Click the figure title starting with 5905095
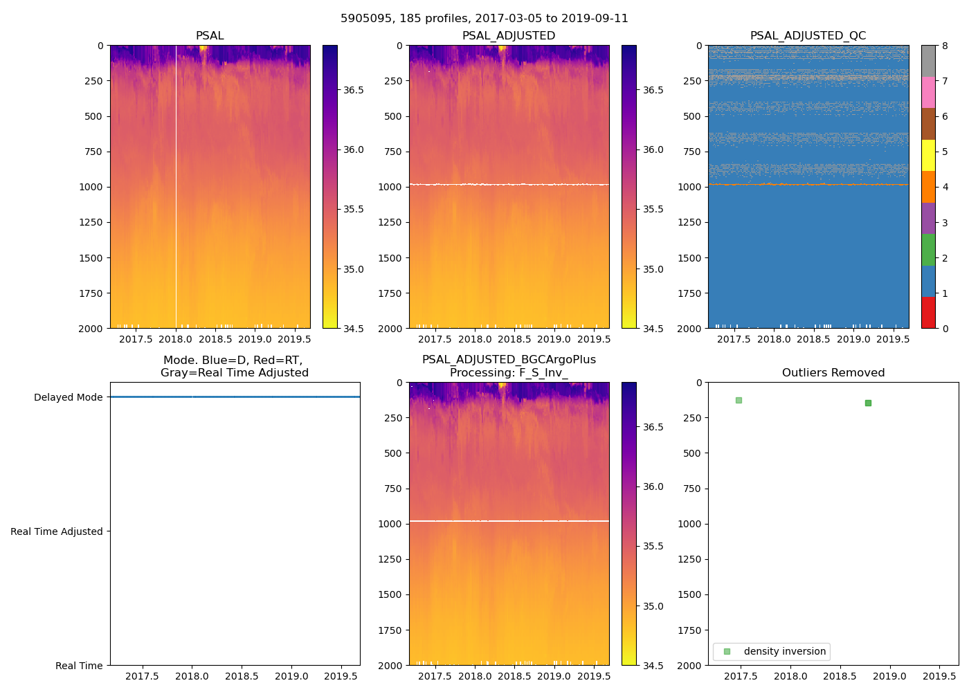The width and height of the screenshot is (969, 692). click(x=484, y=19)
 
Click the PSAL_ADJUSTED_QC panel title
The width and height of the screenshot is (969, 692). click(x=808, y=36)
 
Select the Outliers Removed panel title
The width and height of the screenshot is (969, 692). click(x=833, y=373)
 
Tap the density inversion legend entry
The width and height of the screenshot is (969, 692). click(x=784, y=651)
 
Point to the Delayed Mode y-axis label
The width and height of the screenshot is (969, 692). click(x=68, y=397)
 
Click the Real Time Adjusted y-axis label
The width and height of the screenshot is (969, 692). click(x=56, y=531)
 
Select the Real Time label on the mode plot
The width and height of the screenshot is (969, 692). click(x=79, y=666)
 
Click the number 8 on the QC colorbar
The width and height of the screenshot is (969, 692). click(x=945, y=46)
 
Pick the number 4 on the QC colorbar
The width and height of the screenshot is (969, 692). click(x=945, y=187)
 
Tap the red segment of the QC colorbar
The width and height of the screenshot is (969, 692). click(x=928, y=313)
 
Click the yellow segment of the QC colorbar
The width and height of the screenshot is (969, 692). click(x=928, y=156)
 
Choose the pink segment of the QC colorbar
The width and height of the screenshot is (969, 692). click(x=928, y=93)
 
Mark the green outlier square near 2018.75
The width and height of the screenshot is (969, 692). click(x=868, y=403)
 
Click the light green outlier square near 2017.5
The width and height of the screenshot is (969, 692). click(x=739, y=400)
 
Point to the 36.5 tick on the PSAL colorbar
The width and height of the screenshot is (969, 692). click(x=354, y=90)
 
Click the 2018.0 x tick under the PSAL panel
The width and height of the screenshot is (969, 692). click(x=176, y=339)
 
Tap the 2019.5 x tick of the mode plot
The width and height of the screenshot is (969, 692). click(x=341, y=676)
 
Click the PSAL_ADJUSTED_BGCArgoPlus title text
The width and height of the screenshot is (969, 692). click(x=509, y=360)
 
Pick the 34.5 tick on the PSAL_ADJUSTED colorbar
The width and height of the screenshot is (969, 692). click(x=653, y=329)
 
